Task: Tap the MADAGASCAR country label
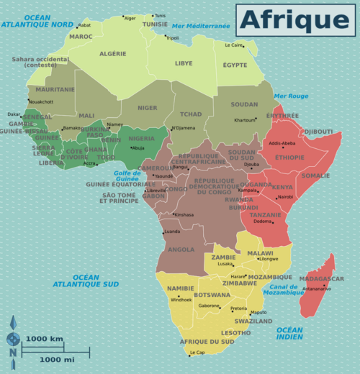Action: tap(321, 279)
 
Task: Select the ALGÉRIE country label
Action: tap(112, 53)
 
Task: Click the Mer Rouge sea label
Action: tap(290, 96)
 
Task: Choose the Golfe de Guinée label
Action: tap(127, 175)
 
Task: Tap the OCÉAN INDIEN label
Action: tap(289, 333)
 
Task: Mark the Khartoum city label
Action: tap(245, 120)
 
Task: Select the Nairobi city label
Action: tap(285, 197)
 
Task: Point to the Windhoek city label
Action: tap(181, 299)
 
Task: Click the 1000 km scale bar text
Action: tap(45, 339)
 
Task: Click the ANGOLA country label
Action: tap(181, 250)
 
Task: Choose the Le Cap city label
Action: tap(198, 352)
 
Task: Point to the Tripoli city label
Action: tap(173, 38)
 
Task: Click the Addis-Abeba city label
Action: tap(282, 143)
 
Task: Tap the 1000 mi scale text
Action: tap(58, 359)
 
